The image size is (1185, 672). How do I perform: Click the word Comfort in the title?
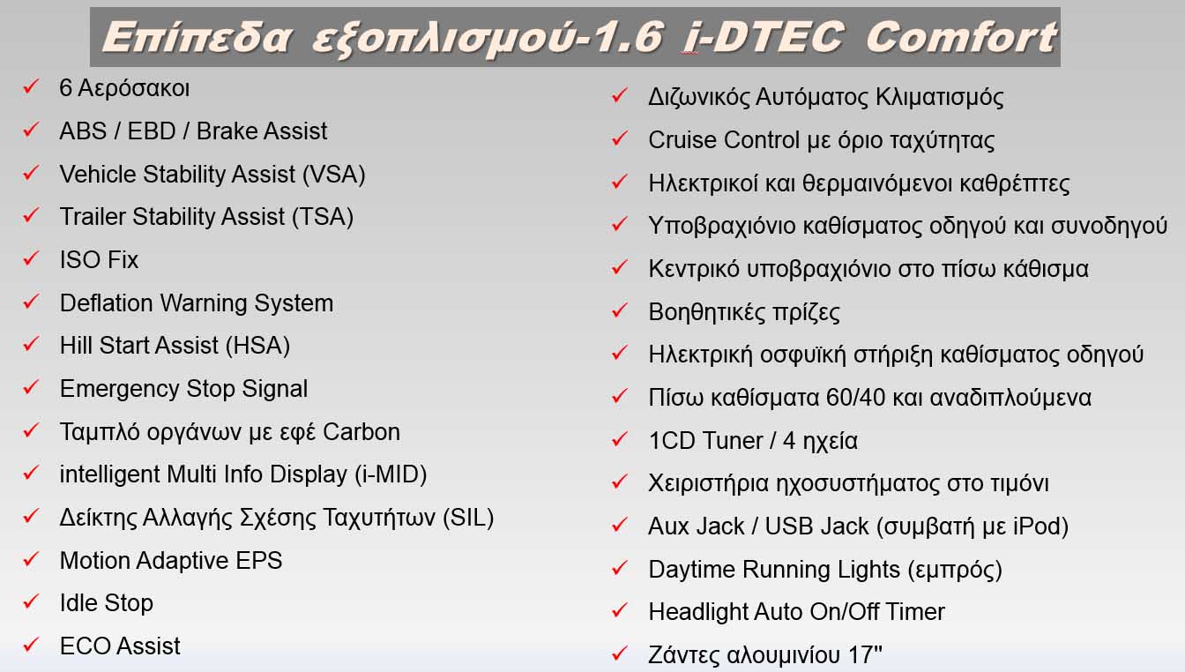tap(961, 38)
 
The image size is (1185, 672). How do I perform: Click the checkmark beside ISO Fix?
tap(31, 258)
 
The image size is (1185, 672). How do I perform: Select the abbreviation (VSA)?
tap(334, 174)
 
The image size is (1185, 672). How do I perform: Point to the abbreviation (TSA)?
tap(323, 216)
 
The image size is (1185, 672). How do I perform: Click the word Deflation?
tap(106, 302)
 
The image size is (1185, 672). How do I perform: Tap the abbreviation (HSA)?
tap(257, 346)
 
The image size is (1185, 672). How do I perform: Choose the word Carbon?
tap(361, 432)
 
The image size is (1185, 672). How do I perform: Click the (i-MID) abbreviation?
tap(391, 474)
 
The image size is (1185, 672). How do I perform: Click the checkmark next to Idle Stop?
tap(31, 601)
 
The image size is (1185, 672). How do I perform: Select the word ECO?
tap(86, 646)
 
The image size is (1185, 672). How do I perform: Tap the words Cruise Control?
tap(724, 140)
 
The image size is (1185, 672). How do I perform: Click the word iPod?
tap(1035, 526)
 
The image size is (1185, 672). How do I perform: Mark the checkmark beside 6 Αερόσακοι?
tap(31, 86)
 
